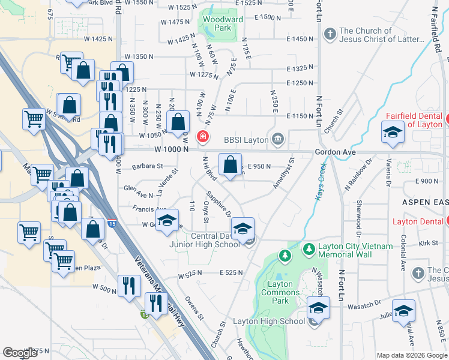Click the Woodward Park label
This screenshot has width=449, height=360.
[x=223, y=23]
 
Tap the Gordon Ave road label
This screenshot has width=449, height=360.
[x=336, y=152]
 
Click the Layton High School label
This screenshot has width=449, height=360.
[x=270, y=322]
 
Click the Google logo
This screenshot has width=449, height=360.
[x=20, y=353]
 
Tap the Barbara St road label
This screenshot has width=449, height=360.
[x=148, y=166]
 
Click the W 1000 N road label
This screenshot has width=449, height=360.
[x=171, y=149]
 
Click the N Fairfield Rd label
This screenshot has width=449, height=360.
[x=437, y=31]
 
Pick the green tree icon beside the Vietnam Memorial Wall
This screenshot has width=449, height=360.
[x=309, y=247]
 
